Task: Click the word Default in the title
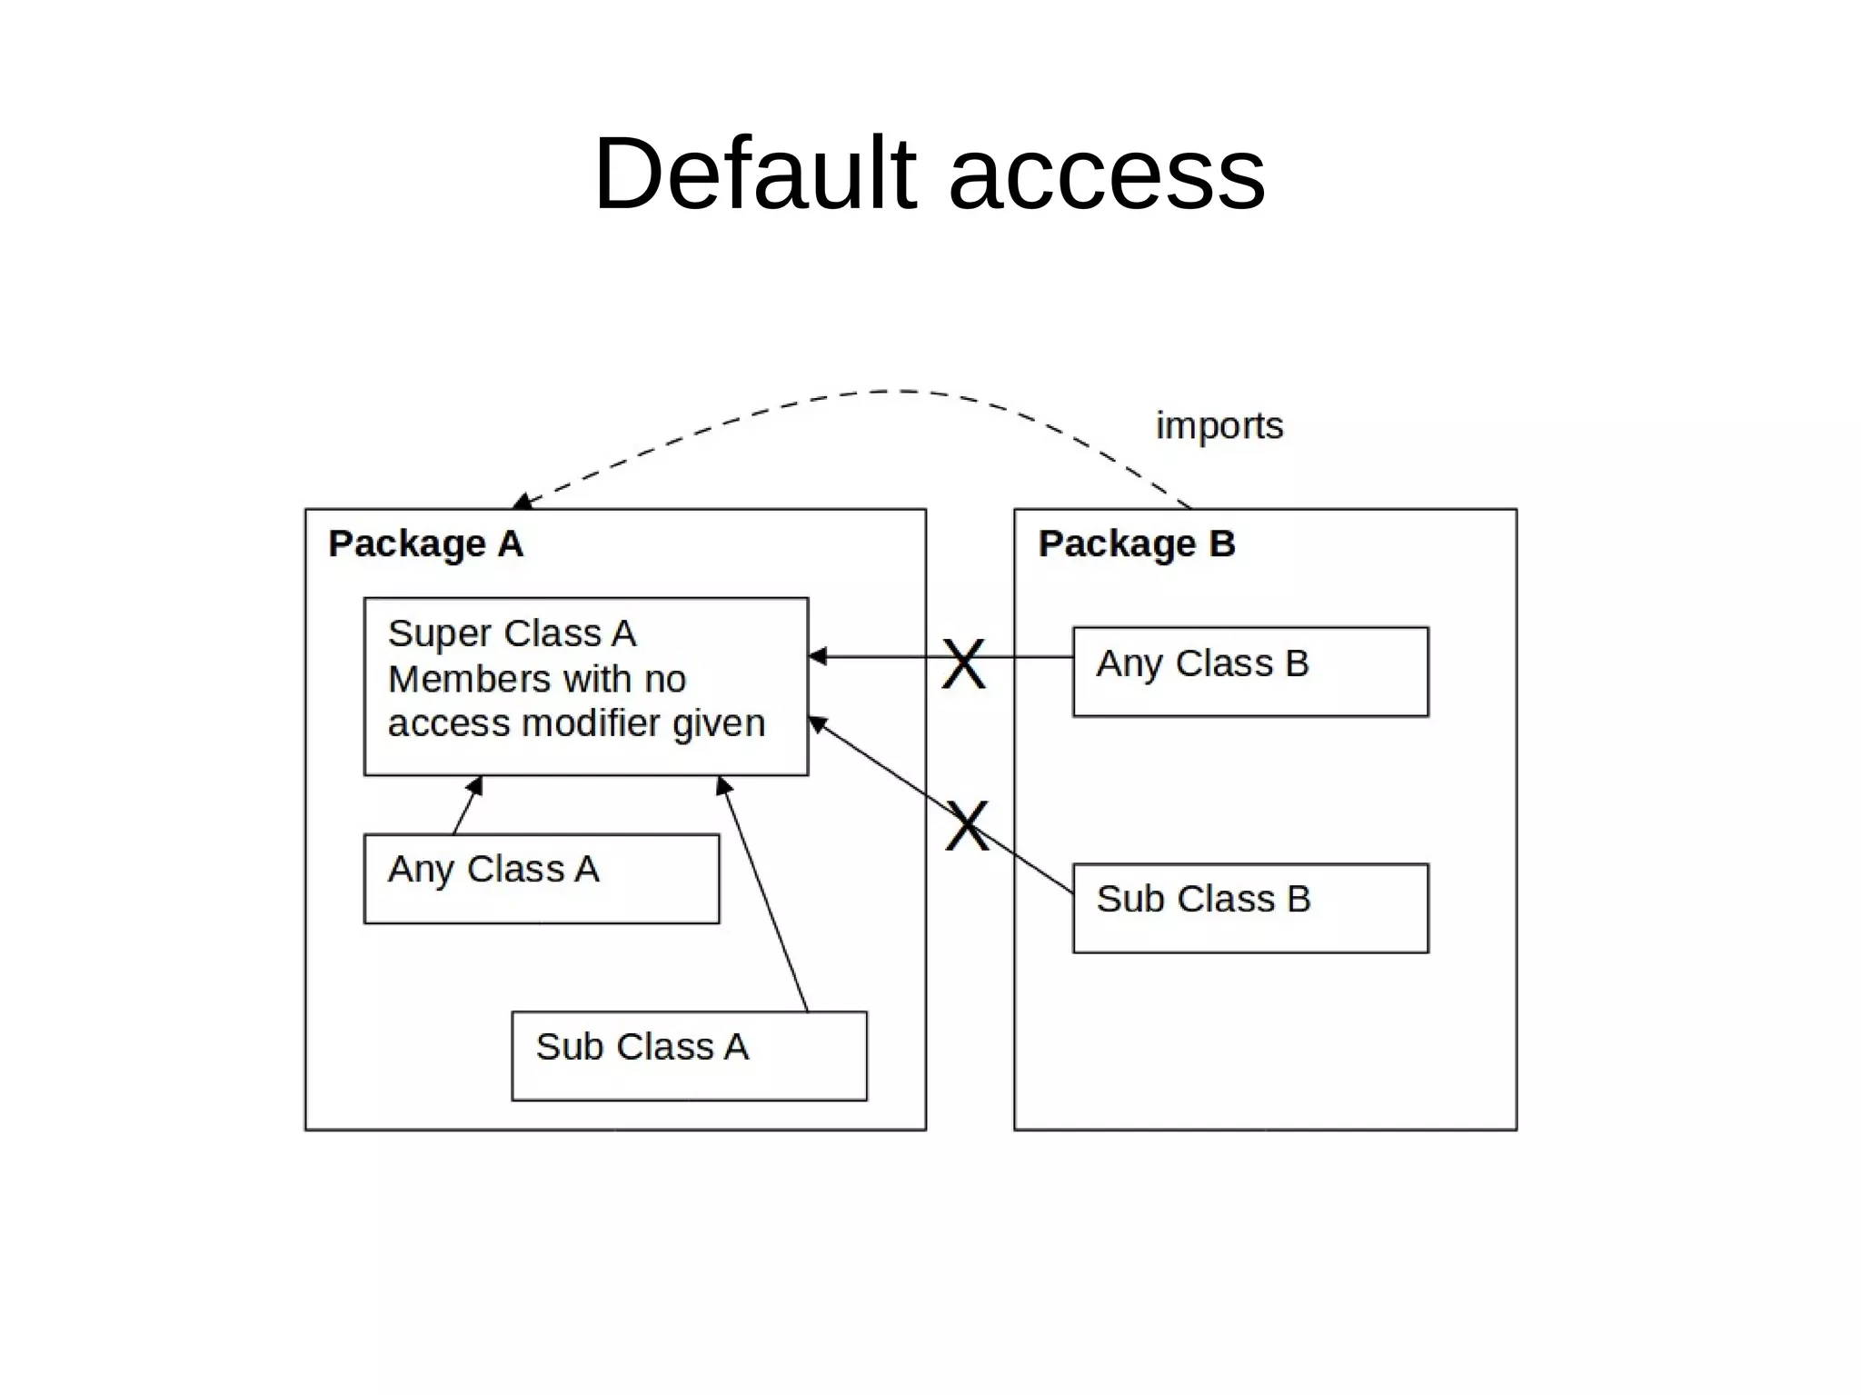click(x=754, y=173)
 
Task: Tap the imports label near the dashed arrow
click(x=1219, y=425)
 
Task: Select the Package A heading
click(x=425, y=543)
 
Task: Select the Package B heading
click(x=1136, y=543)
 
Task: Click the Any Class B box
click(x=1249, y=672)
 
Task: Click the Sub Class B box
click(x=1249, y=908)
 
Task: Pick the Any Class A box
click(x=541, y=878)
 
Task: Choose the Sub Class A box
click(x=689, y=1055)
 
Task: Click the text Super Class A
click(x=512, y=633)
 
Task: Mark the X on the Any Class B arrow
click(x=963, y=663)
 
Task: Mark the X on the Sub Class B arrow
click(x=967, y=825)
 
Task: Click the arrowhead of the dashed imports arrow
click(x=522, y=501)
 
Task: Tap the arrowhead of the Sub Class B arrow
click(x=817, y=723)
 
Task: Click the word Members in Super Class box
click(x=457, y=679)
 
